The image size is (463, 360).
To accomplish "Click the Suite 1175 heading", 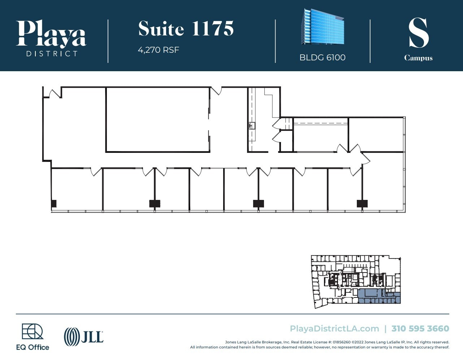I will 186,29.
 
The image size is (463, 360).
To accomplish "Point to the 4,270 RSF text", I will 159,50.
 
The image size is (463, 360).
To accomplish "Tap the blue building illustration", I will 322,27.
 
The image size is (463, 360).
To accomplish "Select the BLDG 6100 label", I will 322,57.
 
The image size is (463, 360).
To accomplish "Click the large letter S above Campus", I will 418,33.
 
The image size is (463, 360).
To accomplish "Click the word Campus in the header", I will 418,58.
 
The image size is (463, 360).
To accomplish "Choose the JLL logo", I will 84,337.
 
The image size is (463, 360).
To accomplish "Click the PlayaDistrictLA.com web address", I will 334,329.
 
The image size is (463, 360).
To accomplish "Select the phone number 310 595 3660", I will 420,329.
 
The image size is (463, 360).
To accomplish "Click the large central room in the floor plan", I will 157,119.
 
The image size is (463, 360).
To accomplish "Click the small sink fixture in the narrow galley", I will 252,126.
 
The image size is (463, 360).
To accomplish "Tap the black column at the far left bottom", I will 54,203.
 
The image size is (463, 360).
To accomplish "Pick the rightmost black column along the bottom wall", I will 362,203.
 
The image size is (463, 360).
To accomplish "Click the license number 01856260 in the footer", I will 341,342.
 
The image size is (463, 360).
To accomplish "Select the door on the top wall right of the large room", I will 216,90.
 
